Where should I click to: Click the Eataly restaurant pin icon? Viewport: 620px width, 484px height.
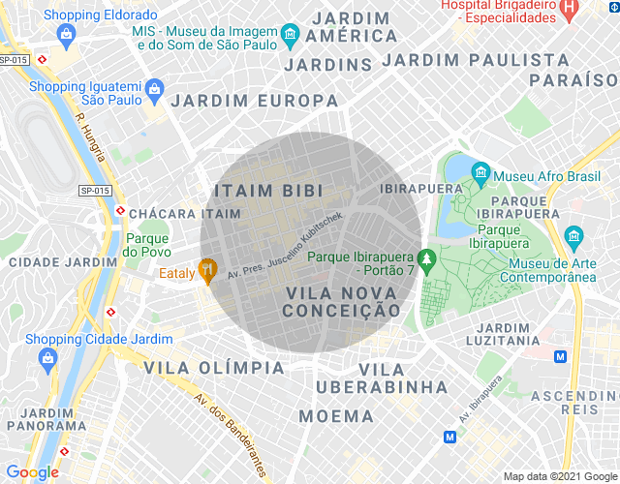(206, 270)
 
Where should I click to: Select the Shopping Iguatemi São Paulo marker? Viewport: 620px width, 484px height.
(154, 92)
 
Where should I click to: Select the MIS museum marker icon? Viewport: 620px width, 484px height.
(290, 37)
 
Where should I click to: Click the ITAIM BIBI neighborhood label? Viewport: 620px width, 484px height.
(267, 191)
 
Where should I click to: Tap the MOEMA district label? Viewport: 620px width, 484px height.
(336, 416)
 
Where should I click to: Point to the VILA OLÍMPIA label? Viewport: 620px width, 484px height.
(215, 368)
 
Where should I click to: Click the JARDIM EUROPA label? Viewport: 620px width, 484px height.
(255, 100)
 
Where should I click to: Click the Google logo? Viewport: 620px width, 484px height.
(33, 471)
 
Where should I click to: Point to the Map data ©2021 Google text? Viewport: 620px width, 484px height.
(559, 475)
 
